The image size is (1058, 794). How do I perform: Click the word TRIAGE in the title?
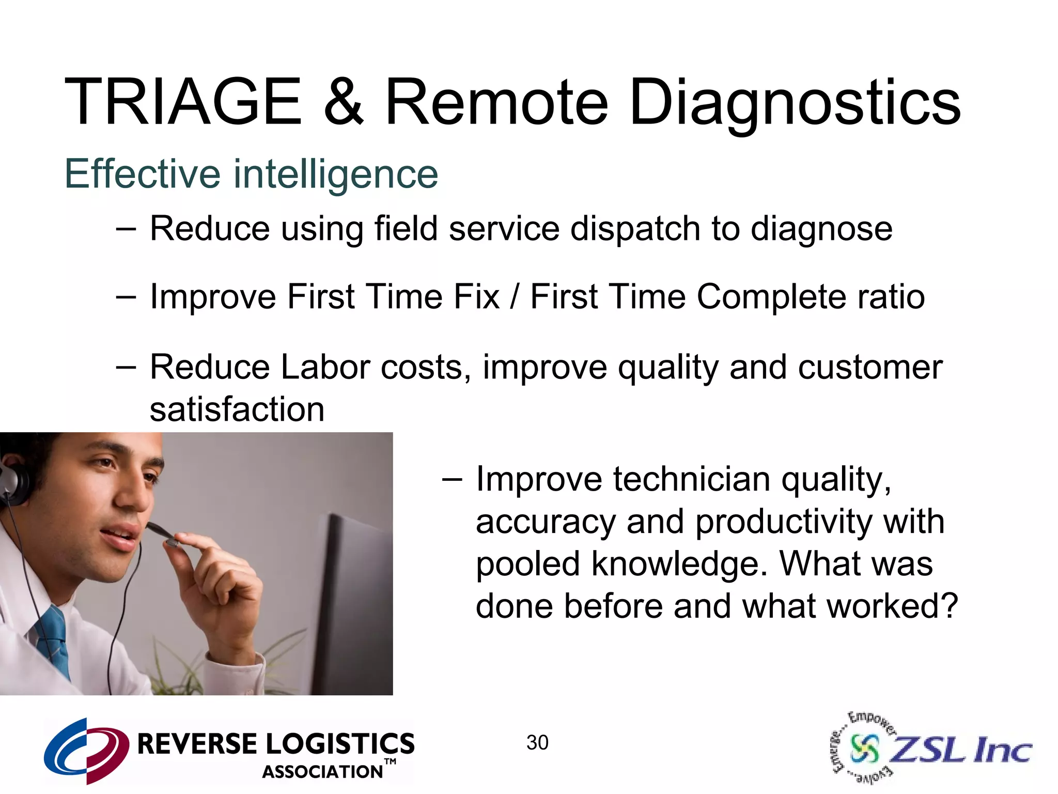pyautogui.click(x=183, y=102)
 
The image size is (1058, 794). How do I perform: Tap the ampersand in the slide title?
pyautogui.click(x=343, y=102)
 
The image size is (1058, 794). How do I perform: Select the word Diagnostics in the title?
pyautogui.click(x=795, y=103)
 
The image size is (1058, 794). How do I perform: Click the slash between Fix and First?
pyautogui.click(x=514, y=297)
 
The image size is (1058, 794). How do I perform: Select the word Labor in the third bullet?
pyautogui.click(x=325, y=368)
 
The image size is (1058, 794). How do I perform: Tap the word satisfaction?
pyautogui.click(x=237, y=410)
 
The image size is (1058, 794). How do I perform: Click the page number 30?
pyautogui.click(x=537, y=743)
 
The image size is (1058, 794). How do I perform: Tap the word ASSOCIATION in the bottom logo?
pyautogui.click(x=322, y=772)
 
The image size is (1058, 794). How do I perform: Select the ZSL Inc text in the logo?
pyautogui.click(x=961, y=750)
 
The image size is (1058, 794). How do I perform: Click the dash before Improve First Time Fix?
pyautogui.click(x=126, y=297)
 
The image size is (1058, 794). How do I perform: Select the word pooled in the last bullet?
pyautogui.click(x=528, y=564)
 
